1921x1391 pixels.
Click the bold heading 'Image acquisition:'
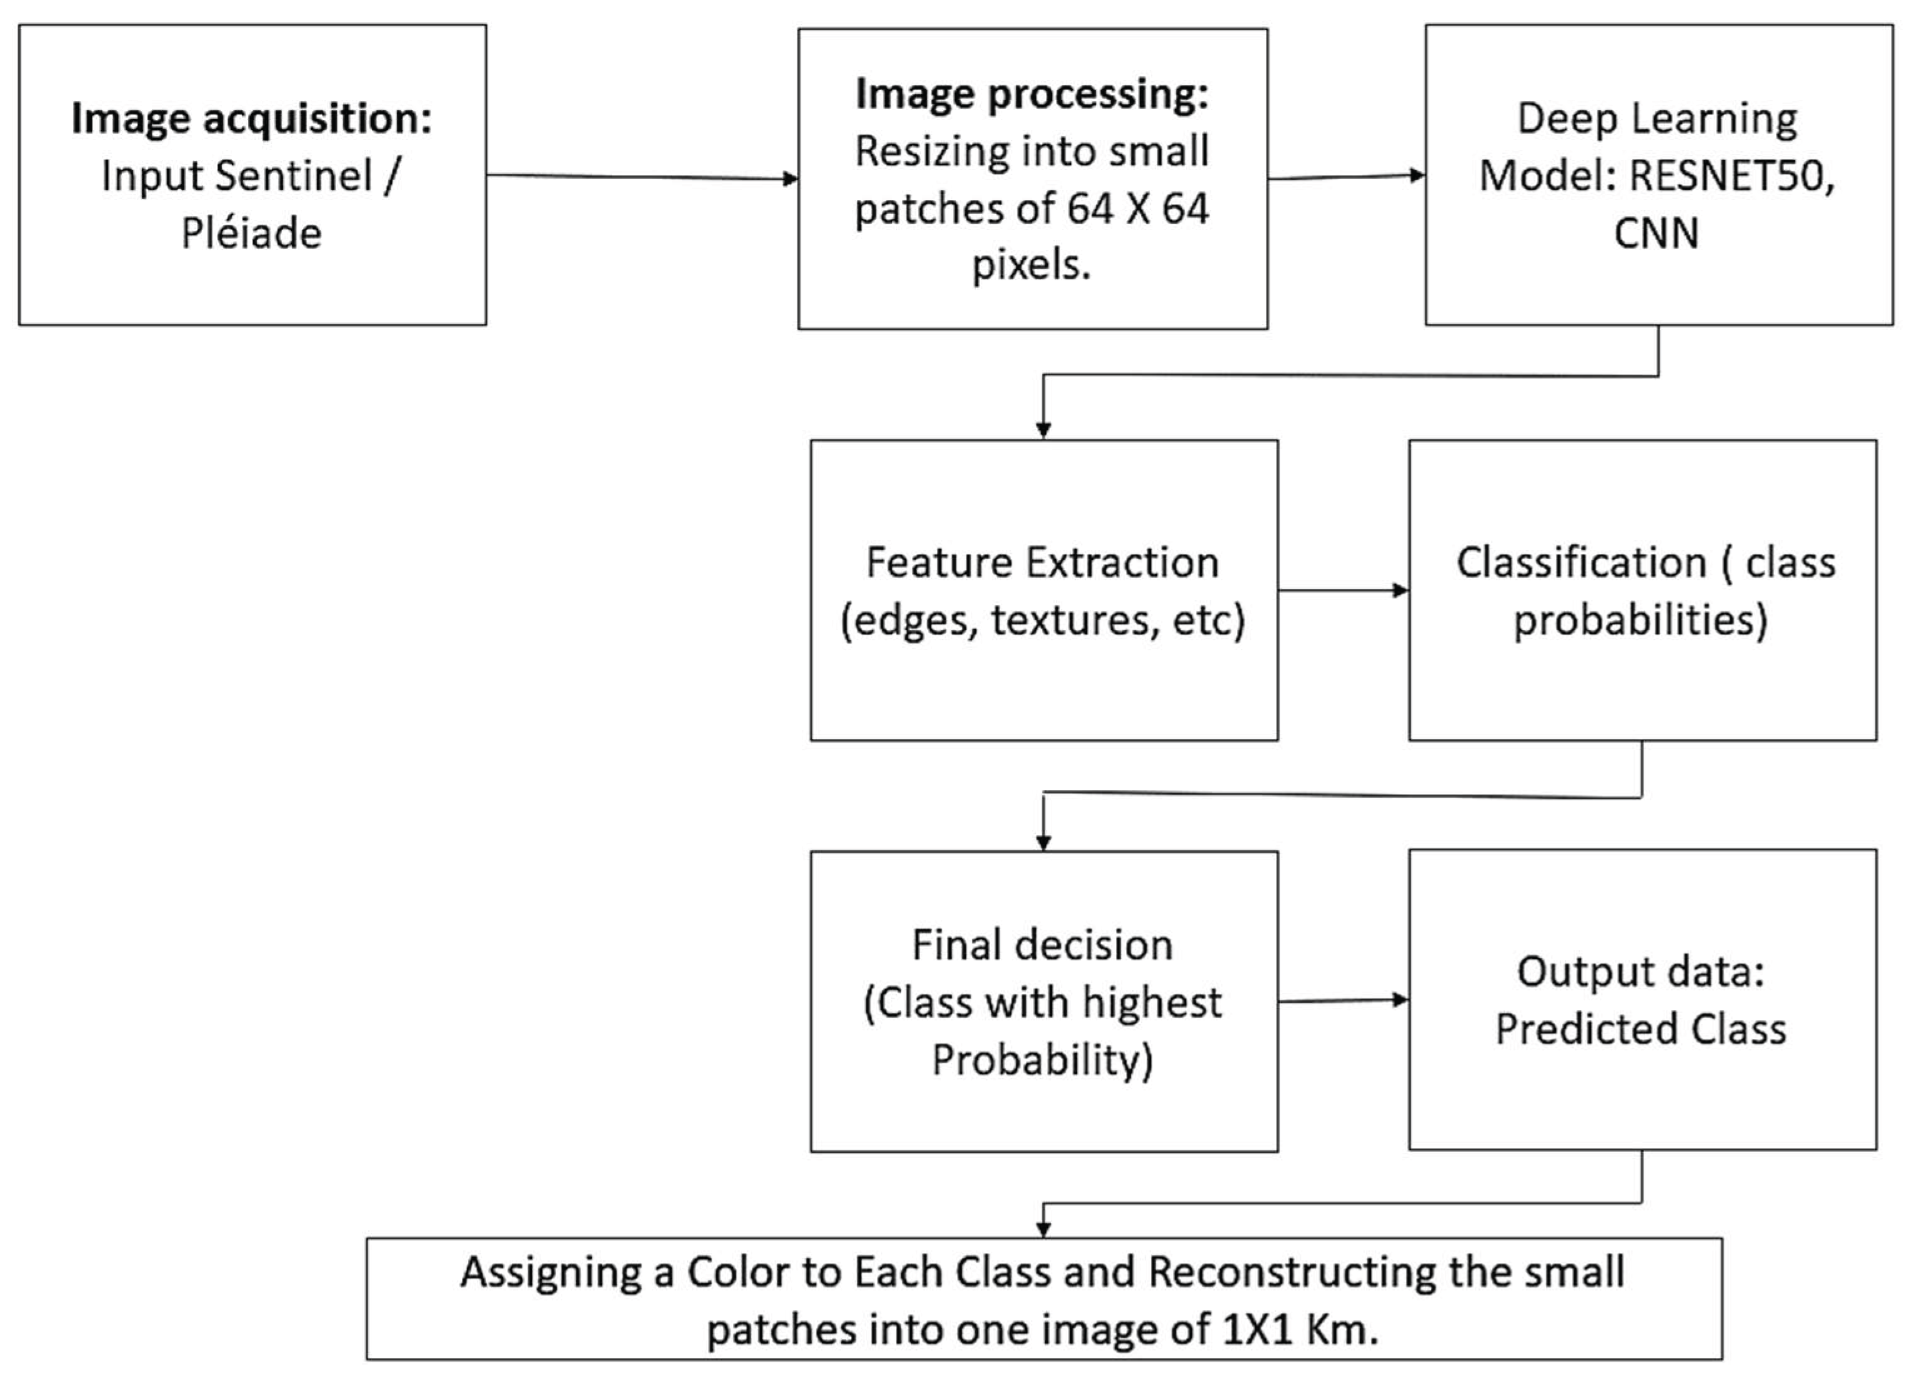coord(251,119)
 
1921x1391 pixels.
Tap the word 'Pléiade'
coord(251,234)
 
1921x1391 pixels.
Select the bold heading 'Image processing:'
coord(1031,94)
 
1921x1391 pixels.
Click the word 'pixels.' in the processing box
coord(1031,266)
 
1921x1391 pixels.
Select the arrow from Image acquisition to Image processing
coord(642,177)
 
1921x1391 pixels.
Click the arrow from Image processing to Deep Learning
coord(1346,177)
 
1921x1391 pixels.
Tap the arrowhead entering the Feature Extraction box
coord(1043,429)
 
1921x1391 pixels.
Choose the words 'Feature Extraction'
coord(1043,563)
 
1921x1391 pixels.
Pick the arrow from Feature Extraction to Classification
coord(1343,590)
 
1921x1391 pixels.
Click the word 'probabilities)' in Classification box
coord(1641,621)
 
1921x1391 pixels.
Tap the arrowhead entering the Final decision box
coord(1043,841)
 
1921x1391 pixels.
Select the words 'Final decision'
coord(1043,945)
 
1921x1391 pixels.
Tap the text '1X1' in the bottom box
coord(1257,1330)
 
